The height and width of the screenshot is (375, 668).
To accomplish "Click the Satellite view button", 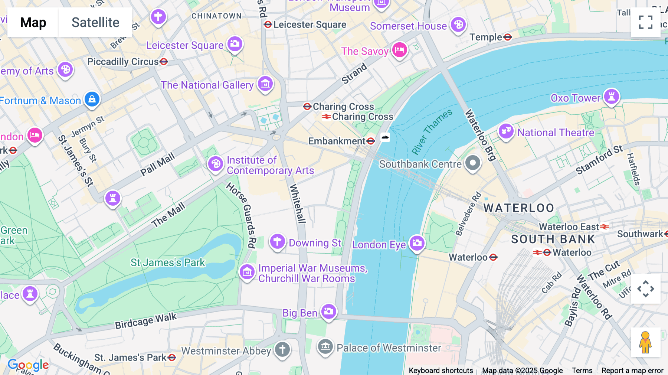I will coord(95,22).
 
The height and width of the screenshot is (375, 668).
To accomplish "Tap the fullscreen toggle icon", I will coord(645,22).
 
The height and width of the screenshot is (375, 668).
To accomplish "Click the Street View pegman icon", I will coord(645,342).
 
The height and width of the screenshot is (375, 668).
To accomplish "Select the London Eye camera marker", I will coord(417,243).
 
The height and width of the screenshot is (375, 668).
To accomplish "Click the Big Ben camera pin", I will coord(329,311).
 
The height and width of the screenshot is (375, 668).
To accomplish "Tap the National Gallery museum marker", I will coord(265,84).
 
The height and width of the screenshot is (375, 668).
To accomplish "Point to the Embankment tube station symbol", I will coord(370,141).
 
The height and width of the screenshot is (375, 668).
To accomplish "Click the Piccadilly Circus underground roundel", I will coord(164,62).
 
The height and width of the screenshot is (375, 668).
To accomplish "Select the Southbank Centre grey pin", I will coord(473,163).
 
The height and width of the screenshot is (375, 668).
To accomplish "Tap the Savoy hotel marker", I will coord(400,49).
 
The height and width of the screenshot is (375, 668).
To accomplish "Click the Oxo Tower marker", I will coord(611,97).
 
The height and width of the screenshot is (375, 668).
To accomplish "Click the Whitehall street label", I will coord(297,203).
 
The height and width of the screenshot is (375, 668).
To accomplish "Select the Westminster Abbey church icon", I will coord(282,349).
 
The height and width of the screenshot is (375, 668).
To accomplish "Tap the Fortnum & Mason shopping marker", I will coord(92,99).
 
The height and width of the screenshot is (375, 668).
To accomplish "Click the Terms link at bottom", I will coord(582,370).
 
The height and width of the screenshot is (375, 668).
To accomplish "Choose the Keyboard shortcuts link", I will coord(441,370).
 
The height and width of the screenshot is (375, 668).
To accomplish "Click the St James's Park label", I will coord(168,262).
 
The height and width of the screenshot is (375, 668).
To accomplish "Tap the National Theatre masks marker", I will coord(506,131).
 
